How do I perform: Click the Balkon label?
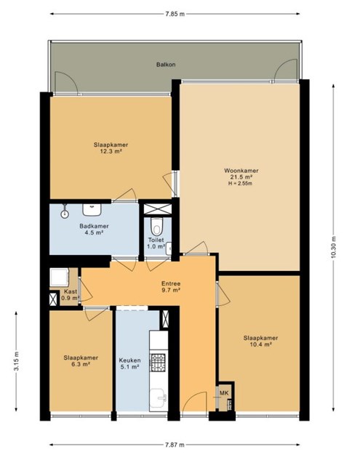pyautogui.click(x=166, y=65)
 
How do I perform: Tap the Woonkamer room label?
pyautogui.click(x=241, y=171)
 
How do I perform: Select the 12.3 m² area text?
pyautogui.click(x=111, y=151)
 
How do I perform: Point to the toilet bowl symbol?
pyautogui.click(x=156, y=226)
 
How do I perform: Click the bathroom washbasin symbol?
pyautogui.click(x=92, y=210)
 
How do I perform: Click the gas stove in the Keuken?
pyautogui.click(x=159, y=363)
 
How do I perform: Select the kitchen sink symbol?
pyautogui.click(x=159, y=399)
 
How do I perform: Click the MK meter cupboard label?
pyautogui.click(x=224, y=393)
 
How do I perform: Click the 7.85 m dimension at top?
pyautogui.click(x=175, y=14)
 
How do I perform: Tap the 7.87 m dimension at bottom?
pyautogui.click(x=175, y=445)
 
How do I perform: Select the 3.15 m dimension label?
pyautogui.click(x=16, y=361)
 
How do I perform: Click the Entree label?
pyautogui.click(x=171, y=283)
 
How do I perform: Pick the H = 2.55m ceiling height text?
pyautogui.click(x=241, y=183)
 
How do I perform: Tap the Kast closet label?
pyautogui.click(x=71, y=291)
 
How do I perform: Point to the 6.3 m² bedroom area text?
pyautogui.click(x=81, y=364)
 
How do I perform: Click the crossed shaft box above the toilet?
pyautogui.click(x=158, y=209)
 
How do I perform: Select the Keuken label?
pyautogui.click(x=129, y=360)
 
